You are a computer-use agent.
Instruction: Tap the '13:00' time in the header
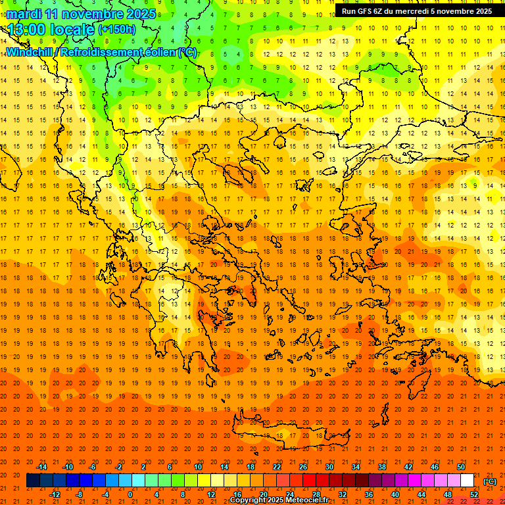[26, 28]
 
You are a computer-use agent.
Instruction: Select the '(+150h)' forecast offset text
[117, 28]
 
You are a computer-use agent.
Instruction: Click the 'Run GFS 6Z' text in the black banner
[362, 11]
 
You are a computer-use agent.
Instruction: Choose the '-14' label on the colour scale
[41, 467]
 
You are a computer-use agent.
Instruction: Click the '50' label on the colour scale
[461, 467]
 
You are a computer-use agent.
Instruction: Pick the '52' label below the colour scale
[474, 494]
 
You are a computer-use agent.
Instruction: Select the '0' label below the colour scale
[130, 494]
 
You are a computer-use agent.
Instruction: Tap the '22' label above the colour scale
[277, 467]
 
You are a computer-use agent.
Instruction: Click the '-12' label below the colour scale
[55, 494]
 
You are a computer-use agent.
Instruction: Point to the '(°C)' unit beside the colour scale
[490, 481]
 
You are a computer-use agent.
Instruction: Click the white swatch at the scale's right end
[468, 481]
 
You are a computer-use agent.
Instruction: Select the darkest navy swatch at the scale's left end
[33, 481]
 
